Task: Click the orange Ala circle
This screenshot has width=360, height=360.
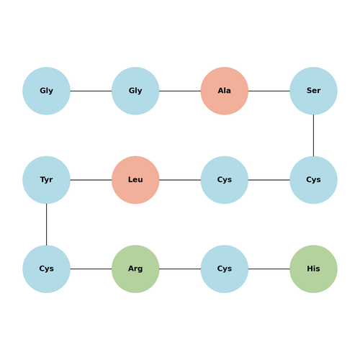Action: (225, 91)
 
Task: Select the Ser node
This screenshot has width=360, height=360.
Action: (313, 91)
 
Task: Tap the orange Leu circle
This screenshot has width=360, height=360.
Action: (135, 180)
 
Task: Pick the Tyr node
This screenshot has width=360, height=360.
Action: (46, 180)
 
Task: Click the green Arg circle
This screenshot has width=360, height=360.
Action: (135, 269)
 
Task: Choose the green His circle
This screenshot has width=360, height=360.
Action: (313, 269)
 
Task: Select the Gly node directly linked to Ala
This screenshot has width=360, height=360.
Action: (135, 91)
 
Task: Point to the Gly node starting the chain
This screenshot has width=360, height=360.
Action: (46, 91)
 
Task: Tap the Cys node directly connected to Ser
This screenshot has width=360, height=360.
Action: (313, 180)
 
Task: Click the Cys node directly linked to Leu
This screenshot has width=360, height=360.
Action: (225, 180)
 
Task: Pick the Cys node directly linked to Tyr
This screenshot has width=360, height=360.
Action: (46, 269)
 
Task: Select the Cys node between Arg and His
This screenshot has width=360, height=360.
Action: (225, 269)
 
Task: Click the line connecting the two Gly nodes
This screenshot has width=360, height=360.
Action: (91, 91)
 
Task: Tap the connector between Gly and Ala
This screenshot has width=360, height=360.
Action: (180, 91)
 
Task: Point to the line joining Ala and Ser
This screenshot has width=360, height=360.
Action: (269, 91)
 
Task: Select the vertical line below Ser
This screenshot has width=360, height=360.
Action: (313, 135)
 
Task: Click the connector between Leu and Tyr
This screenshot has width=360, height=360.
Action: (91, 180)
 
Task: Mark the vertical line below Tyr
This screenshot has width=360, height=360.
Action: (46, 225)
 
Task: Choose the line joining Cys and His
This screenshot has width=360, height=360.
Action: (269, 269)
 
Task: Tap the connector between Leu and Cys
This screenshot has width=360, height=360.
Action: (180, 180)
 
